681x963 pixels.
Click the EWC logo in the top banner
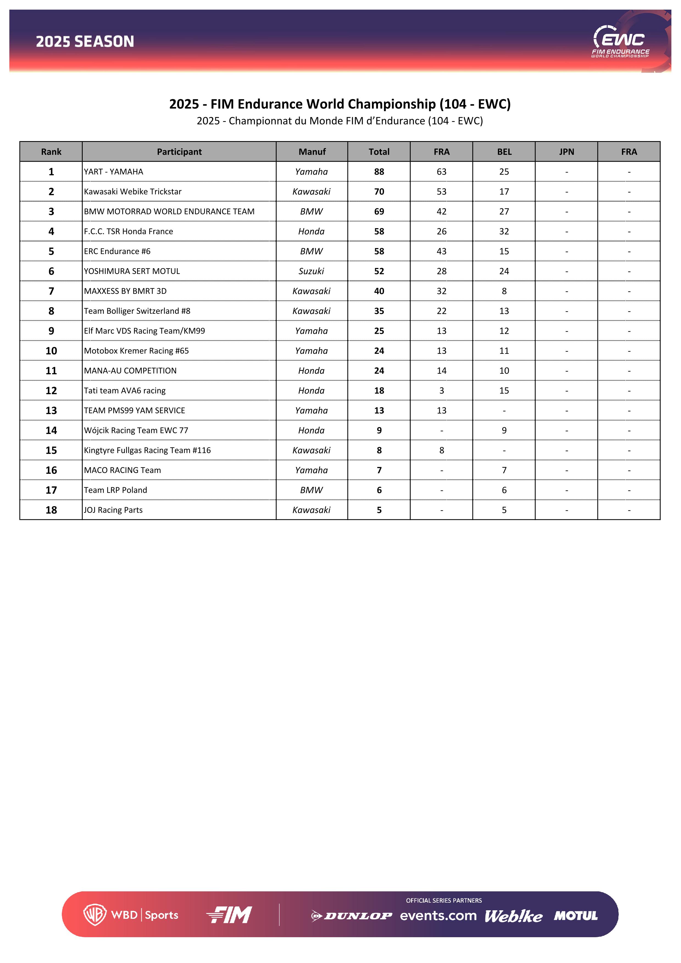(x=620, y=41)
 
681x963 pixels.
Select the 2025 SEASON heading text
(x=85, y=41)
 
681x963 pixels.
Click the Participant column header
(x=179, y=152)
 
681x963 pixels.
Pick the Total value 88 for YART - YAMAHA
(x=379, y=172)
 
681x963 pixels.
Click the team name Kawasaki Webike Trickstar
(x=133, y=192)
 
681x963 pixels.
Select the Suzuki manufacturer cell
(x=311, y=271)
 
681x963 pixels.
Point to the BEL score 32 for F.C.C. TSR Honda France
(x=504, y=231)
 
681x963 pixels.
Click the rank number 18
(x=51, y=510)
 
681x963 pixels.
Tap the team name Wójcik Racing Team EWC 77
(x=136, y=430)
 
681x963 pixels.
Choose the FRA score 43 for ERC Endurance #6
(x=441, y=251)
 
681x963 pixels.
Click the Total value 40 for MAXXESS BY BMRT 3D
(x=379, y=291)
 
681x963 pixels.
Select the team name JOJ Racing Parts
(x=113, y=510)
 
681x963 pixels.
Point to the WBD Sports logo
(x=131, y=915)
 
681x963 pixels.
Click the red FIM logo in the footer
(x=229, y=915)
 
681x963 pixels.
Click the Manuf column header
(x=312, y=152)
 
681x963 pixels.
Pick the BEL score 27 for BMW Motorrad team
(x=504, y=211)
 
